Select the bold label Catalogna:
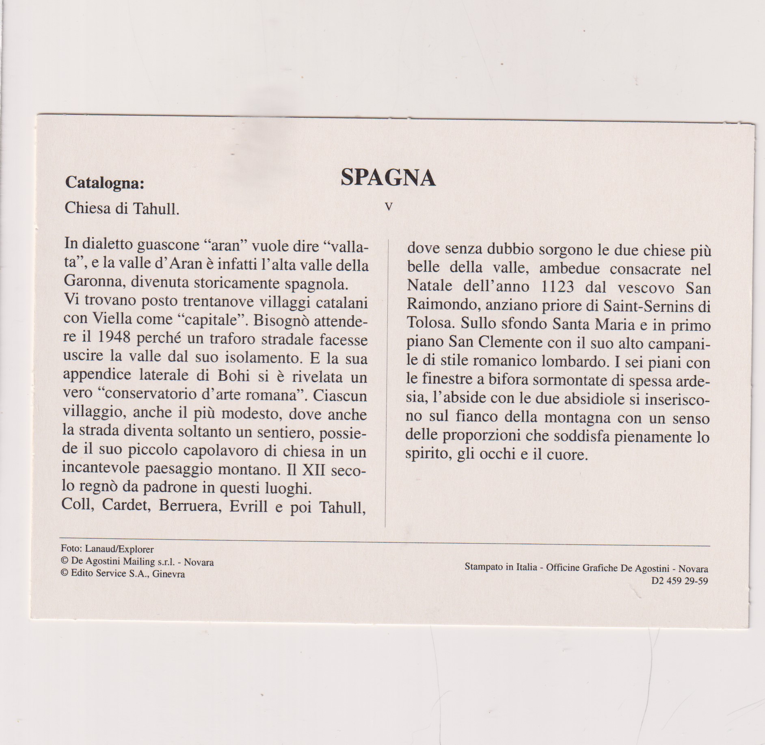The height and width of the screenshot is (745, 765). (x=105, y=183)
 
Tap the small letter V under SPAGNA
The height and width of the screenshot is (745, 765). (x=389, y=207)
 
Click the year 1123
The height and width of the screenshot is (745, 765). (x=558, y=287)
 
